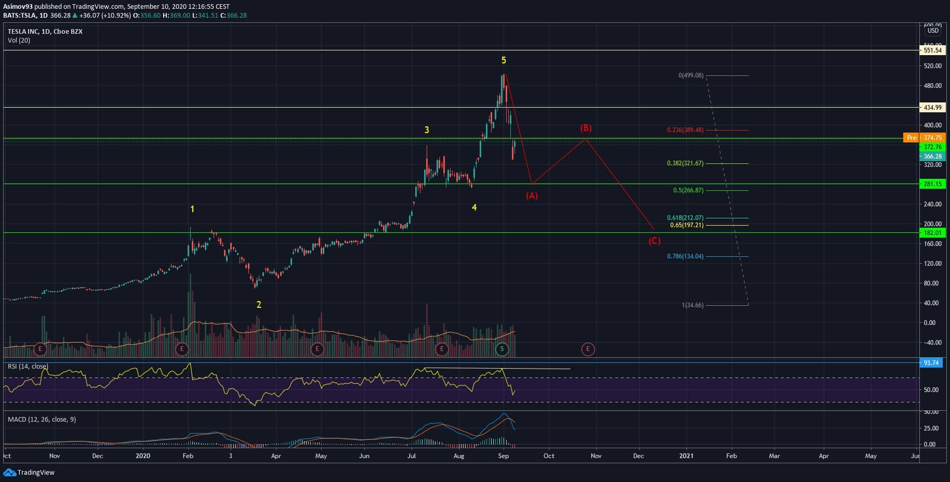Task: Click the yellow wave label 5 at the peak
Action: coord(504,60)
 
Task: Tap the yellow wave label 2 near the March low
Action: coord(259,305)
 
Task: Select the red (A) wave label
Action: coord(531,196)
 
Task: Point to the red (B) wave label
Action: coord(586,128)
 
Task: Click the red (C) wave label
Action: coord(654,241)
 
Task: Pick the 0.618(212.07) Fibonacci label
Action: coord(685,218)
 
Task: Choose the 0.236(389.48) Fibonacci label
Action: coord(685,130)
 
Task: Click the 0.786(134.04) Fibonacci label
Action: coord(685,256)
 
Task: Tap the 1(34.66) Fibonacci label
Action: coord(692,305)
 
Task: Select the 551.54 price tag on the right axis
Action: coord(933,50)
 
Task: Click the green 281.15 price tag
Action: coord(933,184)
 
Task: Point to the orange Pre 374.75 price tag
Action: coord(925,138)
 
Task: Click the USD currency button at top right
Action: coord(933,31)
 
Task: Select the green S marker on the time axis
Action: coord(502,349)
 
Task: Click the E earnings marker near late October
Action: coord(588,349)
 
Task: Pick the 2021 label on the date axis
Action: coord(686,456)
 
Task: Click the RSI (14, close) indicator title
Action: coord(28,367)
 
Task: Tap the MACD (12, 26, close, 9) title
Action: coord(42,420)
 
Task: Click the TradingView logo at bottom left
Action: coord(29,473)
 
